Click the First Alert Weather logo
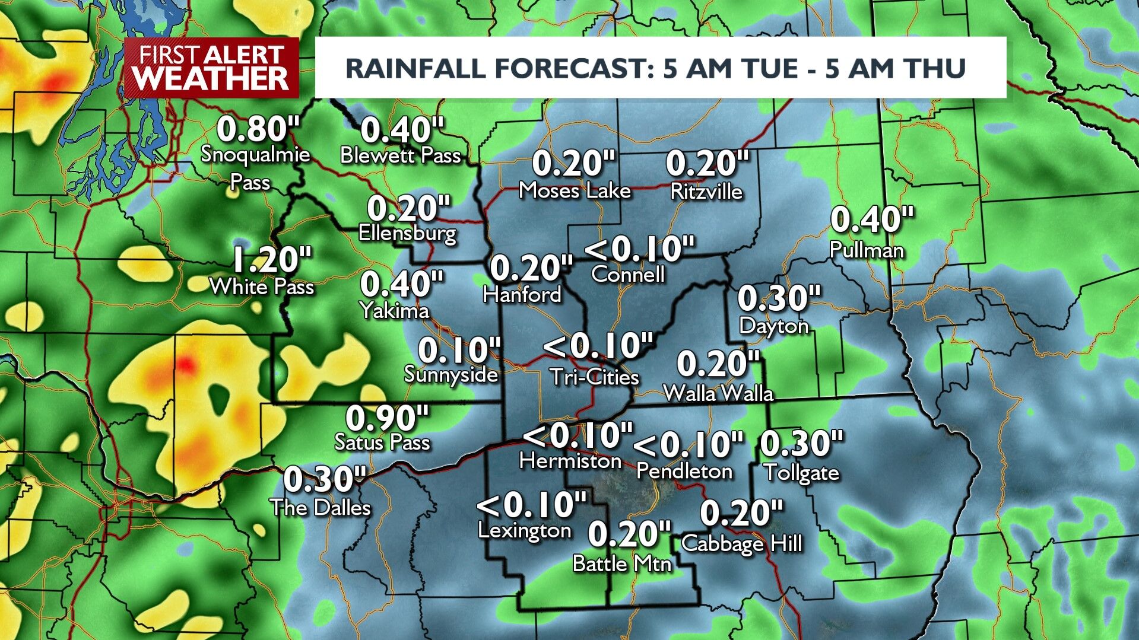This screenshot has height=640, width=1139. [x=211, y=68]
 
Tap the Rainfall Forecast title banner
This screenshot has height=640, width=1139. [x=660, y=68]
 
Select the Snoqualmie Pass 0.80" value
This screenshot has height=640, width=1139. [x=258, y=128]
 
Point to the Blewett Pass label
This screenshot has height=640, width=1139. [x=401, y=155]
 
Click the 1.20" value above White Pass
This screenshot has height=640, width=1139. [x=271, y=259]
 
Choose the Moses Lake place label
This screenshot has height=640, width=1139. [x=575, y=190]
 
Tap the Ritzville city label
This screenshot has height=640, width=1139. [x=706, y=191]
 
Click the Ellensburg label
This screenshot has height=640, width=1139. [x=408, y=233]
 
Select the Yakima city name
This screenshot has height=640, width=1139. [x=395, y=310]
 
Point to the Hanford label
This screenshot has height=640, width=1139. [x=522, y=294]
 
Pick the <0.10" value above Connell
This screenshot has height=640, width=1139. [x=639, y=249]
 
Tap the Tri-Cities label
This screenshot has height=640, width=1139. [x=595, y=377]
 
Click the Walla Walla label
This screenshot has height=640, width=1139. [x=718, y=393]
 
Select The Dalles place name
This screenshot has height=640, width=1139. [x=321, y=507]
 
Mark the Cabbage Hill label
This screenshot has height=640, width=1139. [x=742, y=543]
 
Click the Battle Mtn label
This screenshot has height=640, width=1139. [x=621, y=563]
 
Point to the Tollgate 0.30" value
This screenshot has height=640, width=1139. [x=801, y=443]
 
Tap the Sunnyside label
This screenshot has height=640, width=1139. [x=451, y=374]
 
